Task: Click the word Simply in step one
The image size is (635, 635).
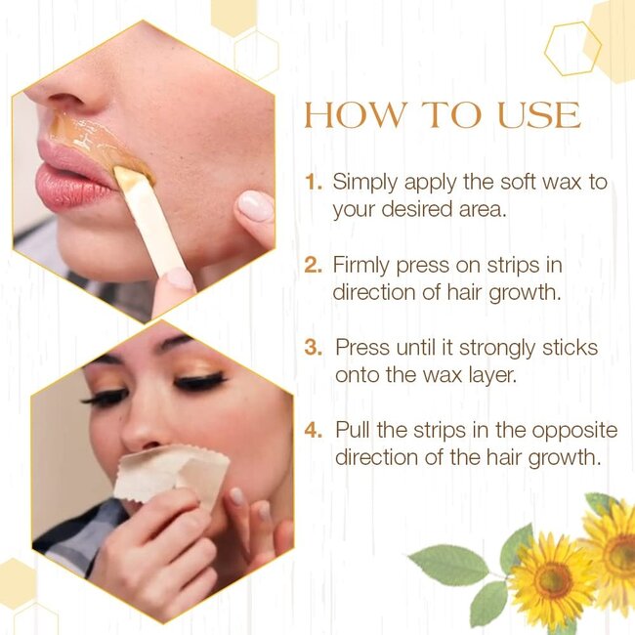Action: point(363,183)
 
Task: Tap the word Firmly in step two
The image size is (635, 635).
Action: point(362,265)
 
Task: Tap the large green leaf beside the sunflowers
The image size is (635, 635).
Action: point(448,565)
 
